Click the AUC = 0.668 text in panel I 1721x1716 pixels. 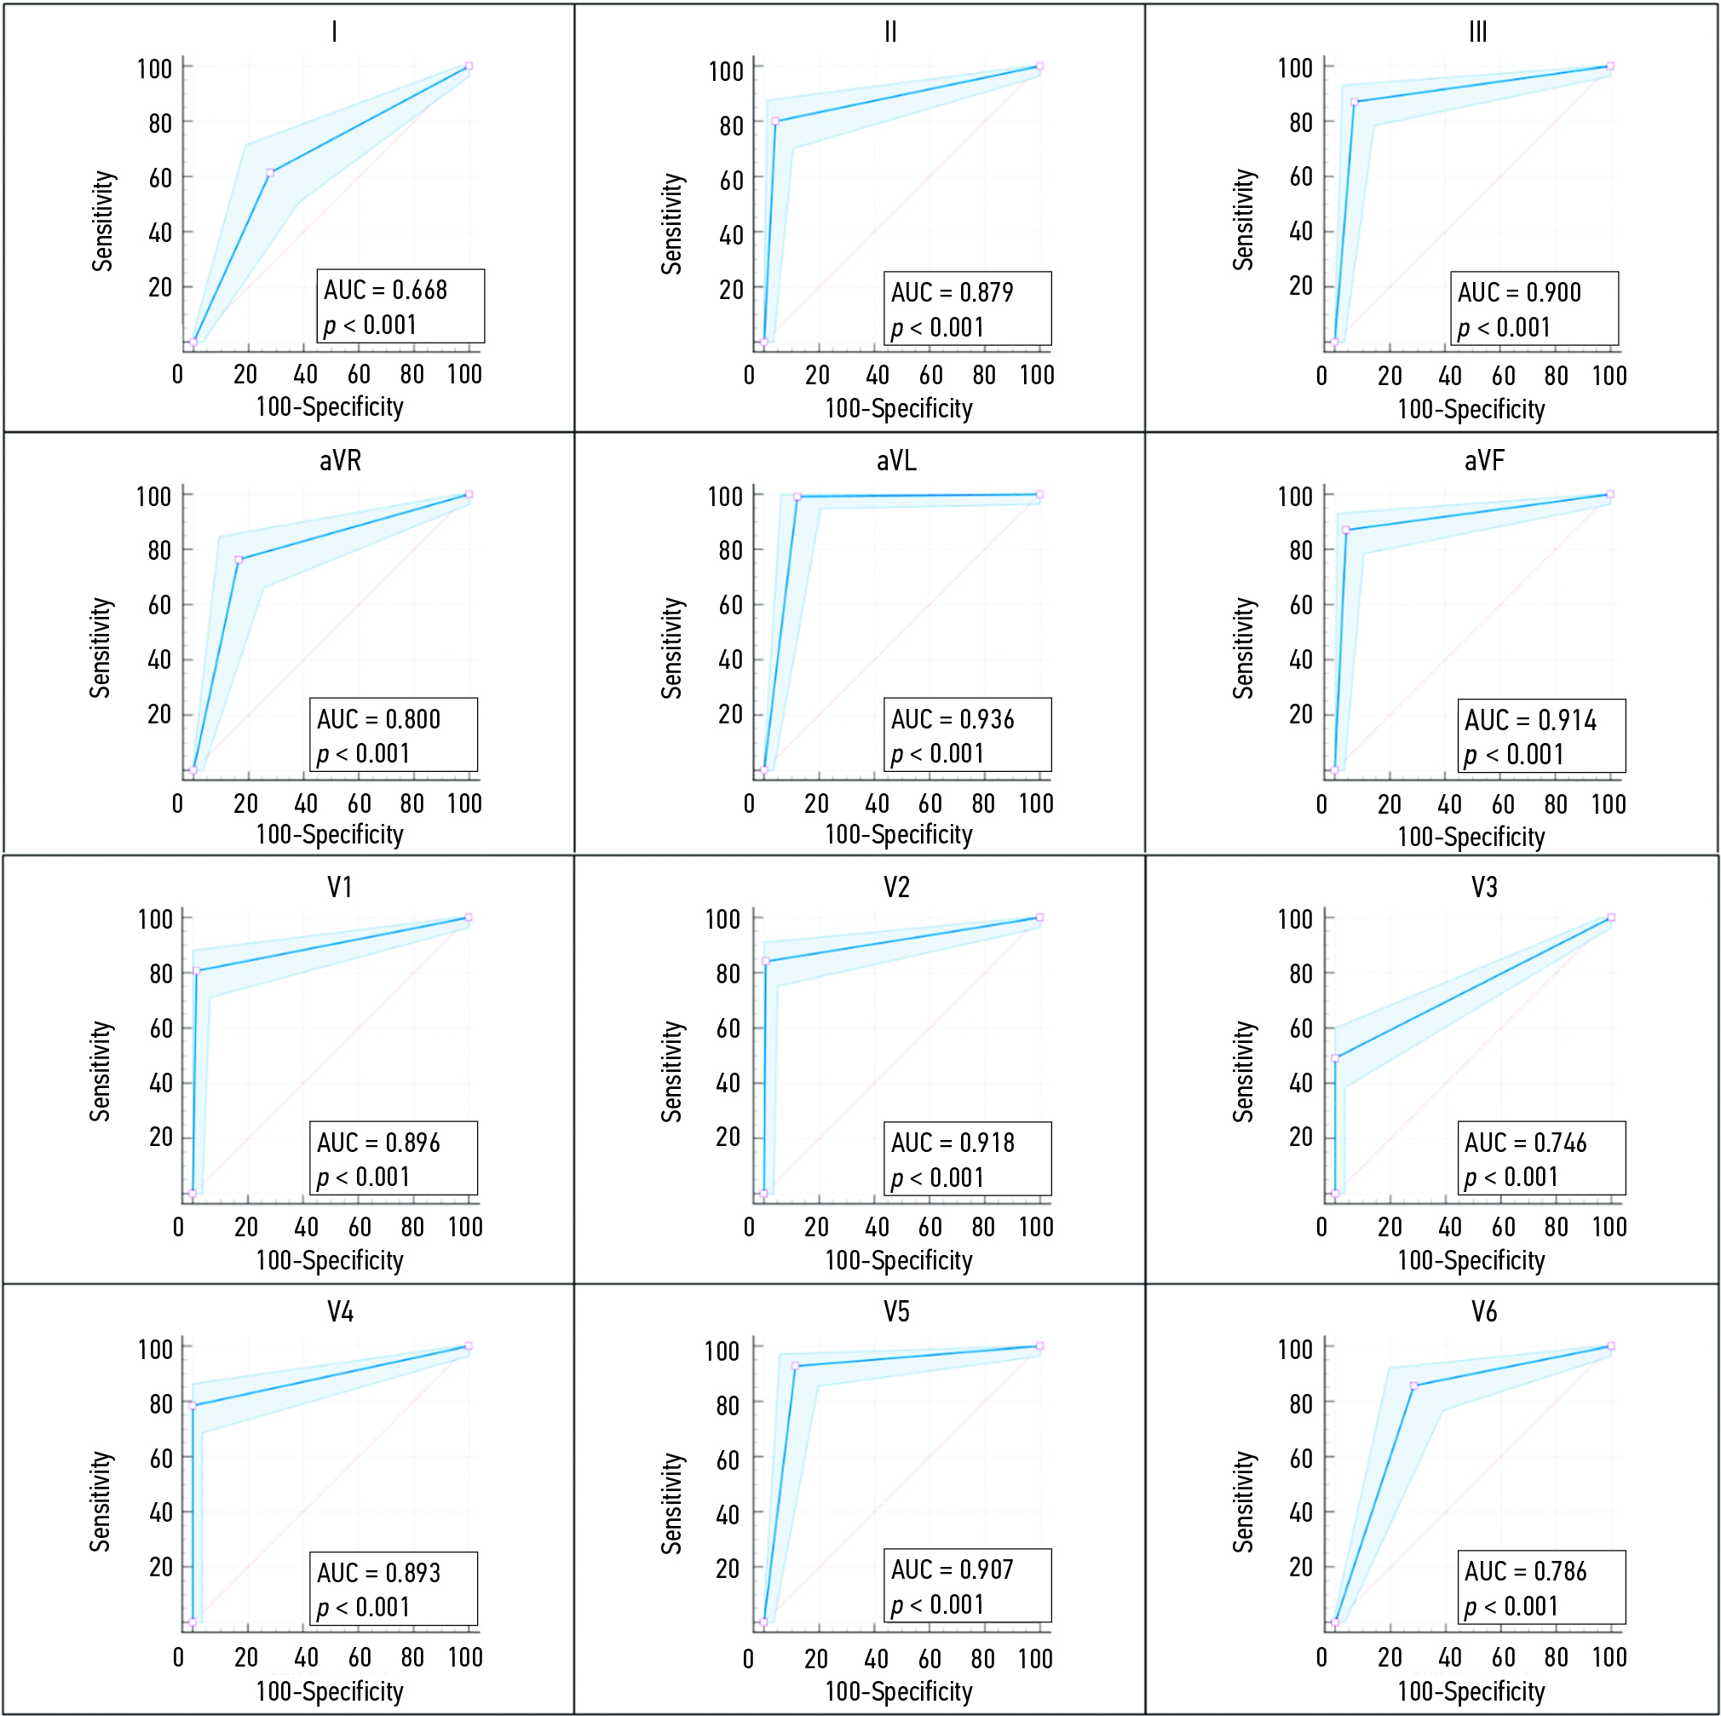point(385,291)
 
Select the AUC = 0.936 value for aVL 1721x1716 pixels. point(953,719)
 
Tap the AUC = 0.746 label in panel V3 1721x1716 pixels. point(1525,1143)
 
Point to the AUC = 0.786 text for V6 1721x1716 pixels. point(1525,1571)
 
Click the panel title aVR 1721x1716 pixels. point(340,461)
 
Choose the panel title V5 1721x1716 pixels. point(896,1311)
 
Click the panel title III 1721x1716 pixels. point(1478,33)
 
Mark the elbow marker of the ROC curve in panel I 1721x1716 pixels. point(270,173)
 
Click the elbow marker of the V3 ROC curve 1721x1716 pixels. point(1335,1058)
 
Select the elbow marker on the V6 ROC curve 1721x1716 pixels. point(1413,1386)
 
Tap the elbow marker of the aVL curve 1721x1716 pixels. point(797,497)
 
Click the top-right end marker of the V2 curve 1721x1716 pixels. point(1039,918)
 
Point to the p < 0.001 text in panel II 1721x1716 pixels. point(937,328)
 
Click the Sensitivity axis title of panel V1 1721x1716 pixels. point(101,1071)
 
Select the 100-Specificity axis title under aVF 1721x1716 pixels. point(1471,837)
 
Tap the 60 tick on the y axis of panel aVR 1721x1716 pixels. point(159,606)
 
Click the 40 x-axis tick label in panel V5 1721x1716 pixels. point(876,1659)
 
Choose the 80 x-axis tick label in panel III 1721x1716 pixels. point(1557,376)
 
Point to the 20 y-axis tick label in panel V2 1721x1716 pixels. point(728,1137)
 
